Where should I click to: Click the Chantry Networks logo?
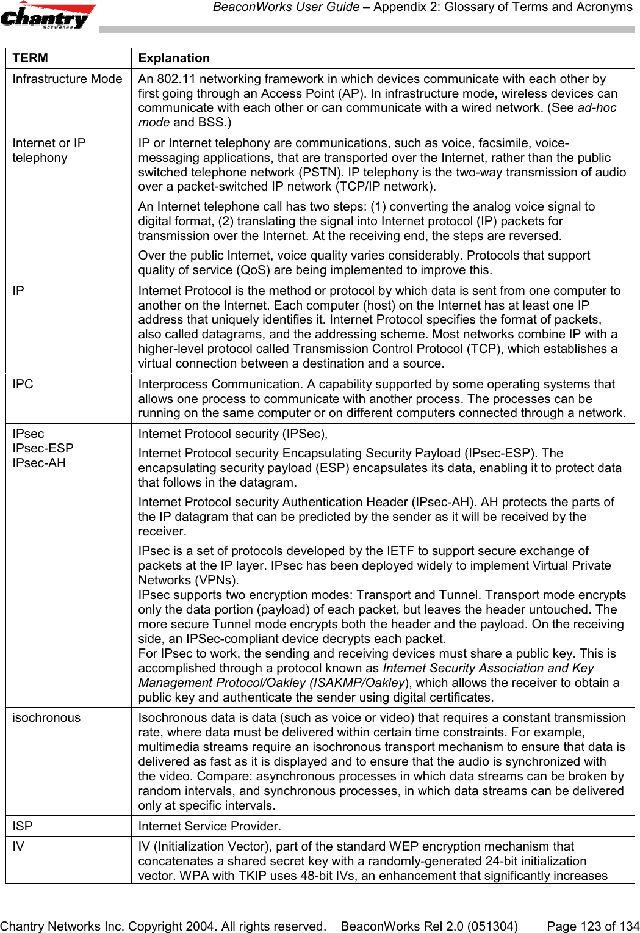point(48,16)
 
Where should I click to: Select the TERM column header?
point(31,59)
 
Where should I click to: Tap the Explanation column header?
point(174,59)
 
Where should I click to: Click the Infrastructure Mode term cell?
point(67,79)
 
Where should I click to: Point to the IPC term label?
point(23,385)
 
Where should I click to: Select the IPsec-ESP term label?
point(43,448)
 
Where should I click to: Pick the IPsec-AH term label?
point(39,463)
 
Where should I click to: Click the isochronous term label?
point(46,718)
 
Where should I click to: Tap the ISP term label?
point(23,827)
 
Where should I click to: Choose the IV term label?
point(18,847)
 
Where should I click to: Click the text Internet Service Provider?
point(209,827)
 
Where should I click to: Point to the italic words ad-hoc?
point(597,108)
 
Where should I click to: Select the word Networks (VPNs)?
point(189,581)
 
